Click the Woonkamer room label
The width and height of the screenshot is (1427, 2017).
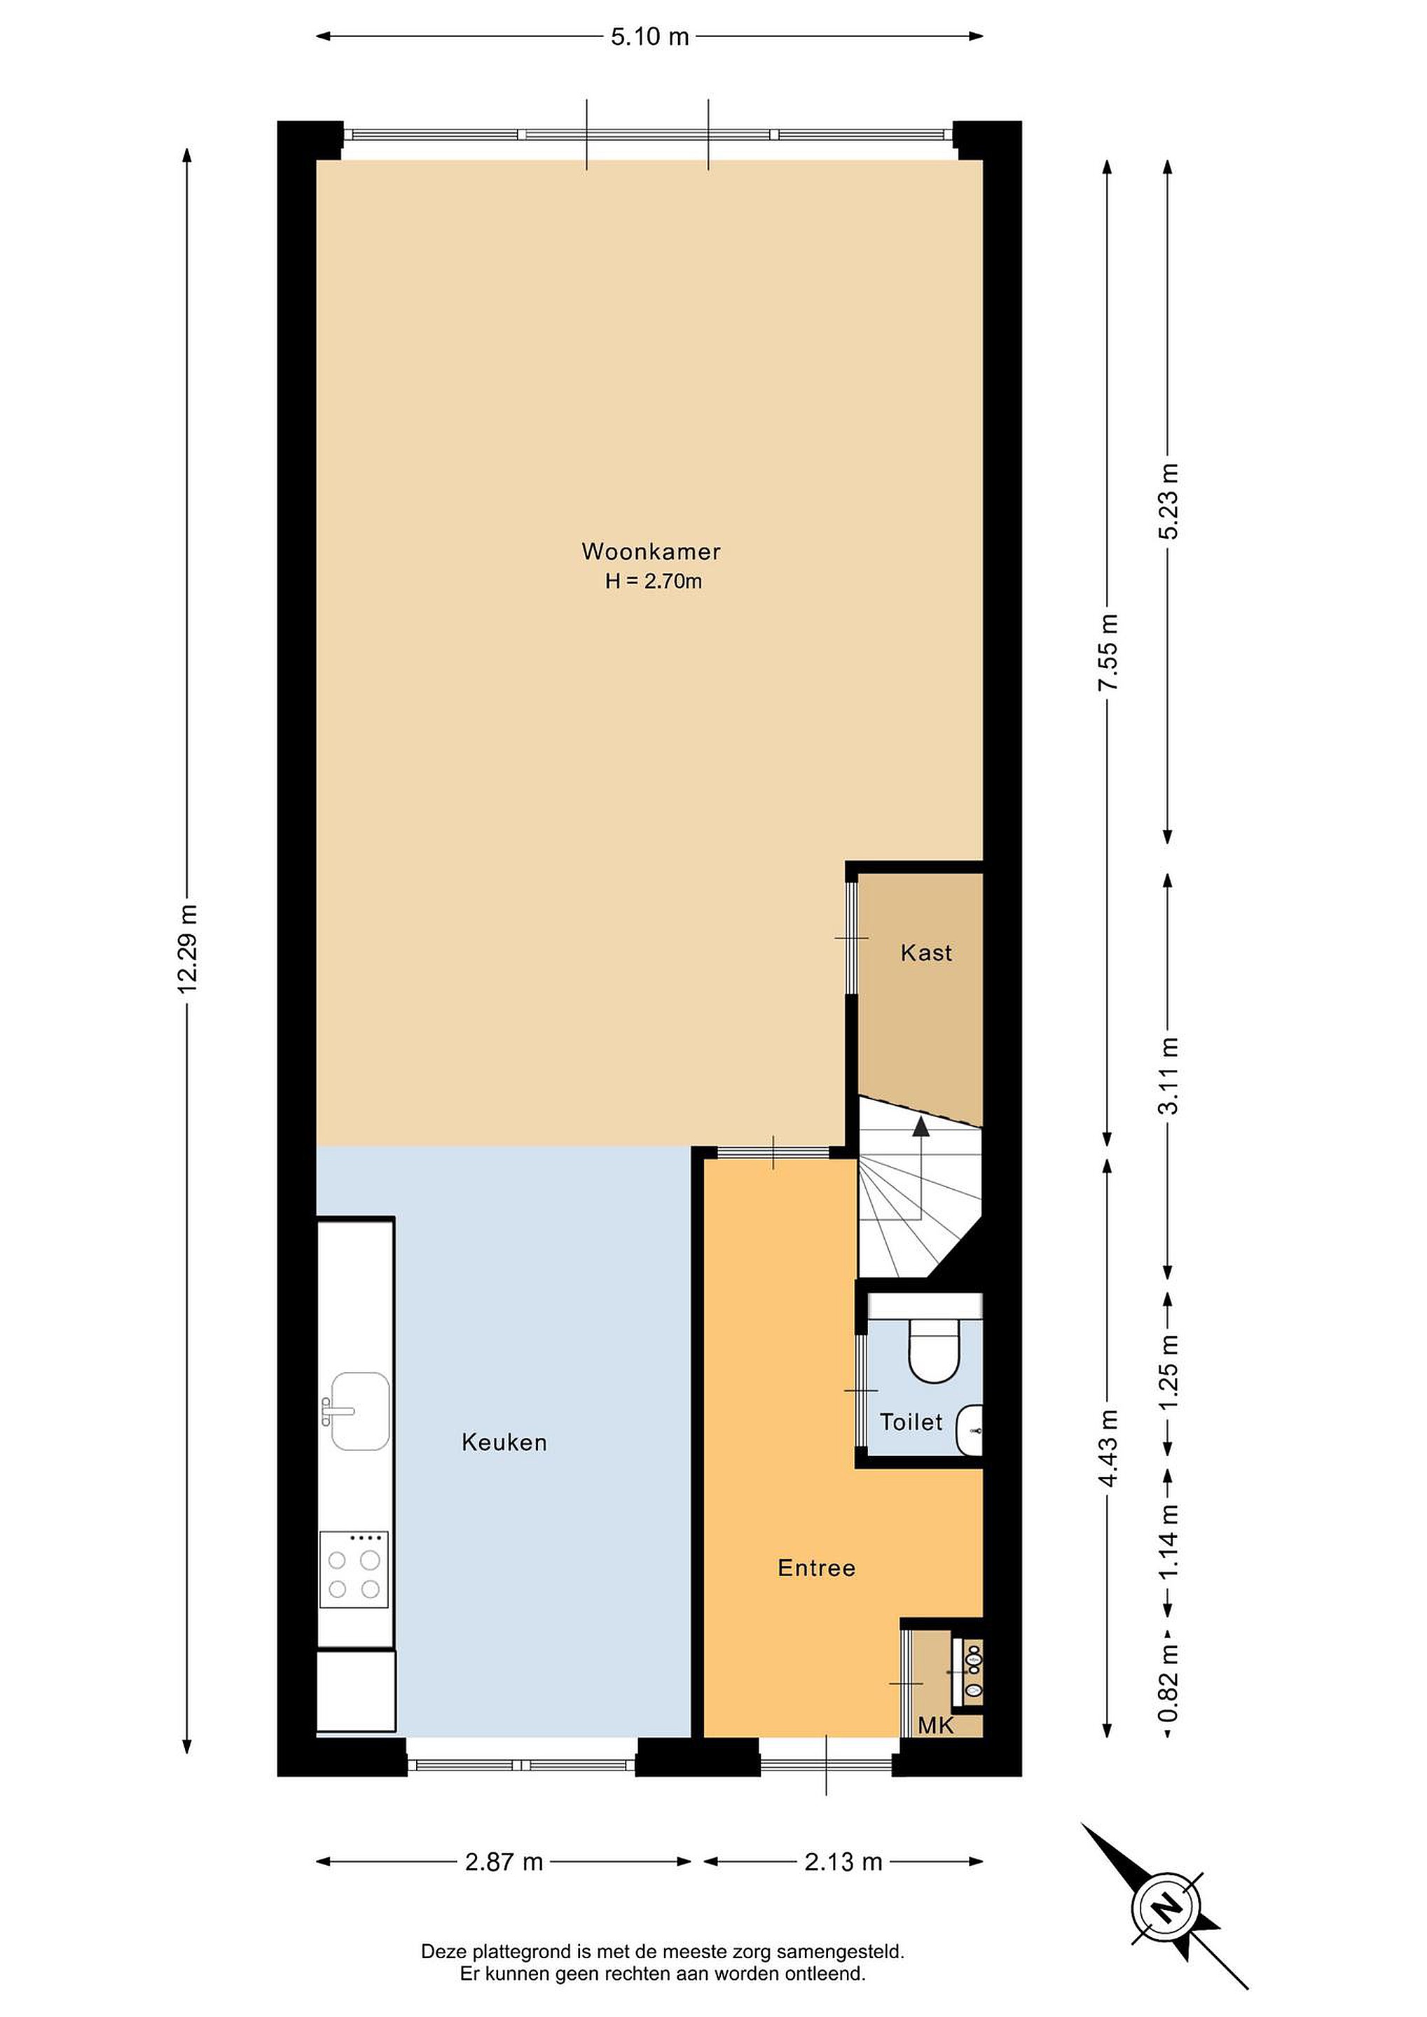[x=651, y=552]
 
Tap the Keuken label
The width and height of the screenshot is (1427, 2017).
[x=504, y=1443]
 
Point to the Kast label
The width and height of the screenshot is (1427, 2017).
[x=926, y=952]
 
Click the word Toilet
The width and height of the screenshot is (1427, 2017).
[x=911, y=1422]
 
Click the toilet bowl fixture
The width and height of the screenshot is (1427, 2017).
[x=933, y=1350]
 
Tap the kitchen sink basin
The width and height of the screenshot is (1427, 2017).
[x=360, y=1412]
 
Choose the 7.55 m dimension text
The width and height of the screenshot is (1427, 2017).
[x=1108, y=652]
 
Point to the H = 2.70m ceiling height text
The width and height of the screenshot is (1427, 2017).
[x=654, y=581]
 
